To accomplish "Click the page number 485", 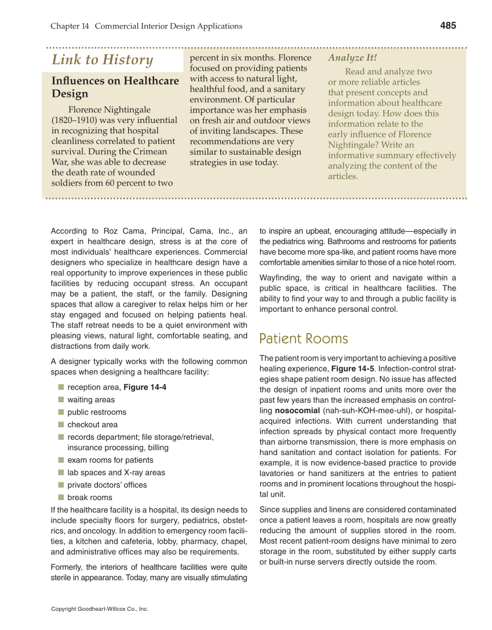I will click(x=448, y=26).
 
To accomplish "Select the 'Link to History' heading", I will click(x=103, y=60).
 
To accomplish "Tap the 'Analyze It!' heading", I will click(x=352, y=57).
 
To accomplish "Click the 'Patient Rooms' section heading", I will click(x=304, y=338).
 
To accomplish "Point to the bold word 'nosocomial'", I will click(x=296, y=410).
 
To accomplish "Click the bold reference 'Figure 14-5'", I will click(x=352, y=369).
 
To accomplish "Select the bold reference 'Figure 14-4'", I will click(x=145, y=387).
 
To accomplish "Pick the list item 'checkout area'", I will click(x=92, y=424).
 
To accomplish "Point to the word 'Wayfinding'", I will click(x=280, y=278).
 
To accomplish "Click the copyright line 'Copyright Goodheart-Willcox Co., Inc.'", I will click(x=100, y=609).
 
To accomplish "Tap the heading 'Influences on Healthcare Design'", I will click(x=115, y=87).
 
